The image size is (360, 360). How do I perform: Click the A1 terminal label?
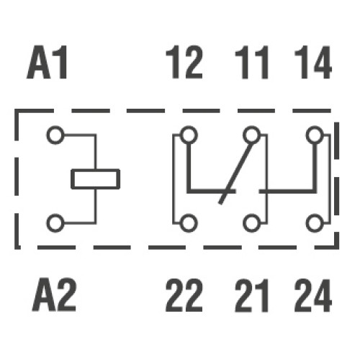47,62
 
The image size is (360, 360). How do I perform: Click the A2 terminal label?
54,294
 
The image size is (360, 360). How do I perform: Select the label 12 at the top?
184,62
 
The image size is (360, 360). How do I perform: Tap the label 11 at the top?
251,62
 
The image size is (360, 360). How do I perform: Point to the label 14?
313,62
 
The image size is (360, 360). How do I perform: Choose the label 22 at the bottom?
184,295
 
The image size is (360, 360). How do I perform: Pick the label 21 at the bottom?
251,295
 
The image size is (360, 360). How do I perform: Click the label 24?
313,295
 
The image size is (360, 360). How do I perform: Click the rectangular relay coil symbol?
96,169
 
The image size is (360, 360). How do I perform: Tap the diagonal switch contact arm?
236,174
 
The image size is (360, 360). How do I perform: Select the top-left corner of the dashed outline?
17,111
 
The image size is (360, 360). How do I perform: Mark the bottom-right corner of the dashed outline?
337,248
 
